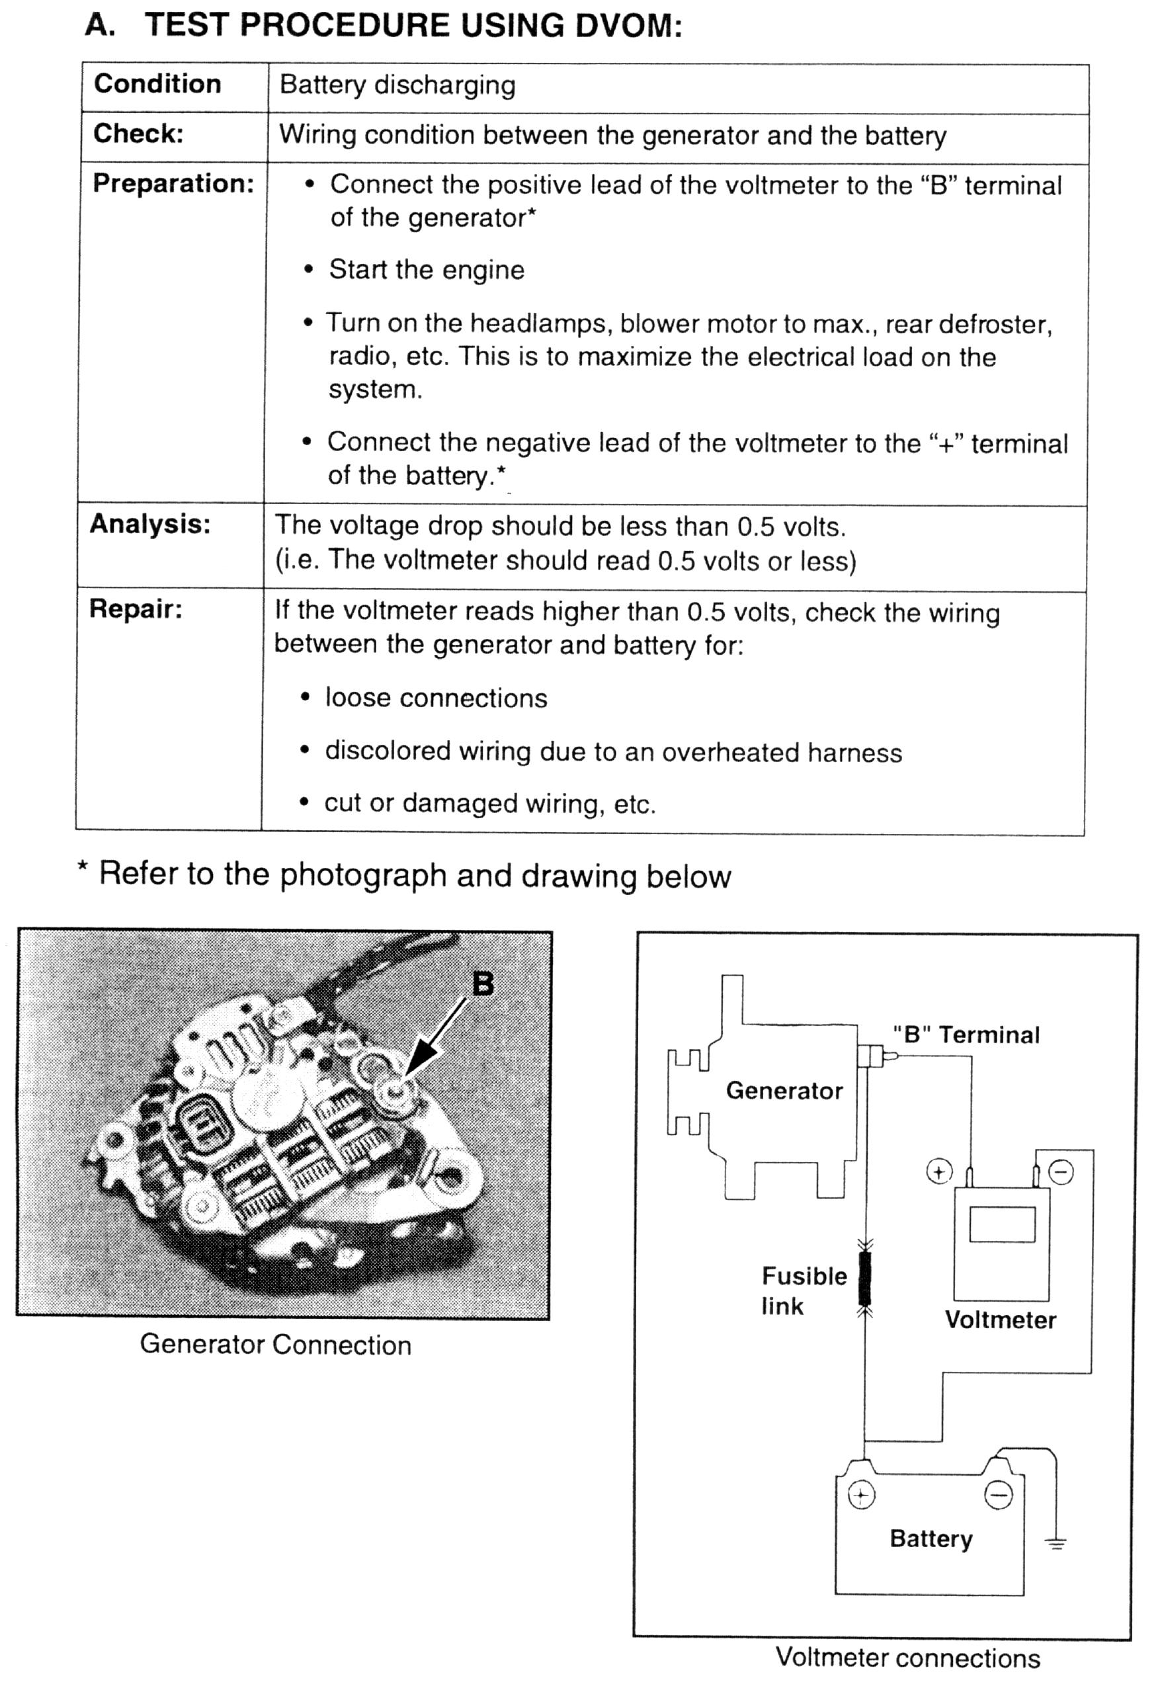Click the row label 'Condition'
(x=157, y=84)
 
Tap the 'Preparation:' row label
(x=173, y=183)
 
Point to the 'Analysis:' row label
(x=149, y=524)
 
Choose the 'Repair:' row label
(x=136, y=609)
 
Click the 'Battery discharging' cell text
(x=397, y=85)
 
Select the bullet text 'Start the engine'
(x=427, y=270)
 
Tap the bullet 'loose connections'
(x=436, y=698)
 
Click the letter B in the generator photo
(x=483, y=984)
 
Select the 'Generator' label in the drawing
(x=784, y=1091)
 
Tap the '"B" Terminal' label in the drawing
(x=966, y=1034)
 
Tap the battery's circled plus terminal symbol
(x=861, y=1496)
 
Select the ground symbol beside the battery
(x=1056, y=1544)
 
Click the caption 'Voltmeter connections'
(x=907, y=1658)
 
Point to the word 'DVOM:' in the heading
(x=629, y=26)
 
